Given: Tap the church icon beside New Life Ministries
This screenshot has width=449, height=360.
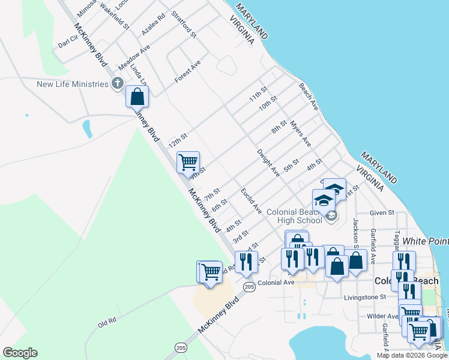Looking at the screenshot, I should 118,83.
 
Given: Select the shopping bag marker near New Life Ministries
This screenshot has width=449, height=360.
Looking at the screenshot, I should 137,96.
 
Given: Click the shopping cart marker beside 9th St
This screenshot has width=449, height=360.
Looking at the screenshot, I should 188,162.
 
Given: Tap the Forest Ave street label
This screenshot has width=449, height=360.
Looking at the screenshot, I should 187,72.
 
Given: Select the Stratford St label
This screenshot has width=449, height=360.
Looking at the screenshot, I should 184,24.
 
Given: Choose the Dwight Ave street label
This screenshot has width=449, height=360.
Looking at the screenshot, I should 268,163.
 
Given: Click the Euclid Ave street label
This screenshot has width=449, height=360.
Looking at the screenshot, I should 251,200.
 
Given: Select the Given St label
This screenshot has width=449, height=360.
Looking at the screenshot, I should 382,212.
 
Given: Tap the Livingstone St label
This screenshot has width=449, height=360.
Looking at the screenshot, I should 365,297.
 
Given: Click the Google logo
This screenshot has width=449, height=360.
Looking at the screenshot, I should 20,353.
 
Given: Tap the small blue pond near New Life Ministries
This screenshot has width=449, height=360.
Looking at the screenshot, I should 88,128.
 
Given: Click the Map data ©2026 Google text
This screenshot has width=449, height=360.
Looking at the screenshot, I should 412,355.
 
